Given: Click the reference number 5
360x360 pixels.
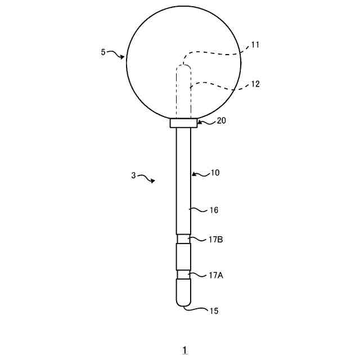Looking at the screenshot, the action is pyautogui.click(x=103, y=52).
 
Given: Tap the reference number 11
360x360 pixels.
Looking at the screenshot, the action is pyautogui.click(x=255, y=45).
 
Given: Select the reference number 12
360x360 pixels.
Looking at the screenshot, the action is pyautogui.click(x=255, y=84).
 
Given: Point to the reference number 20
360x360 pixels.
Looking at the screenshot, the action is pyautogui.click(x=221, y=121).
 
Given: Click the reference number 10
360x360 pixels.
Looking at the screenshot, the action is pyautogui.click(x=215, y=173).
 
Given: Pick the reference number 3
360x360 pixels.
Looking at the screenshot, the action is pyautogui.click(x=133, y=175).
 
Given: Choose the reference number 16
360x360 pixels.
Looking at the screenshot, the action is pyautogui.click(x=214, y=210).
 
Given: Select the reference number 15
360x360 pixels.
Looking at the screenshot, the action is pyautogui.click(x=214, y=310).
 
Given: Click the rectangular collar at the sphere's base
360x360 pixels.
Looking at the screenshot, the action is pyautogui.click(x=184, y=123).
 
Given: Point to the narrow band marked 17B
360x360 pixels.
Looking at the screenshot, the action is pyautogui.click(x=184, y=239).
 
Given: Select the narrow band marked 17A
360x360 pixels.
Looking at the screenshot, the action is pyautogui.click(x=184, y=274).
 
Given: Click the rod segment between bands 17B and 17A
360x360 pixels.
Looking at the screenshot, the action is pyautogui.click(x=184, y=256).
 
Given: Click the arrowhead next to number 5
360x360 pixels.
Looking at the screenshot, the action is pyautogui.click(x=123, y=56).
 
